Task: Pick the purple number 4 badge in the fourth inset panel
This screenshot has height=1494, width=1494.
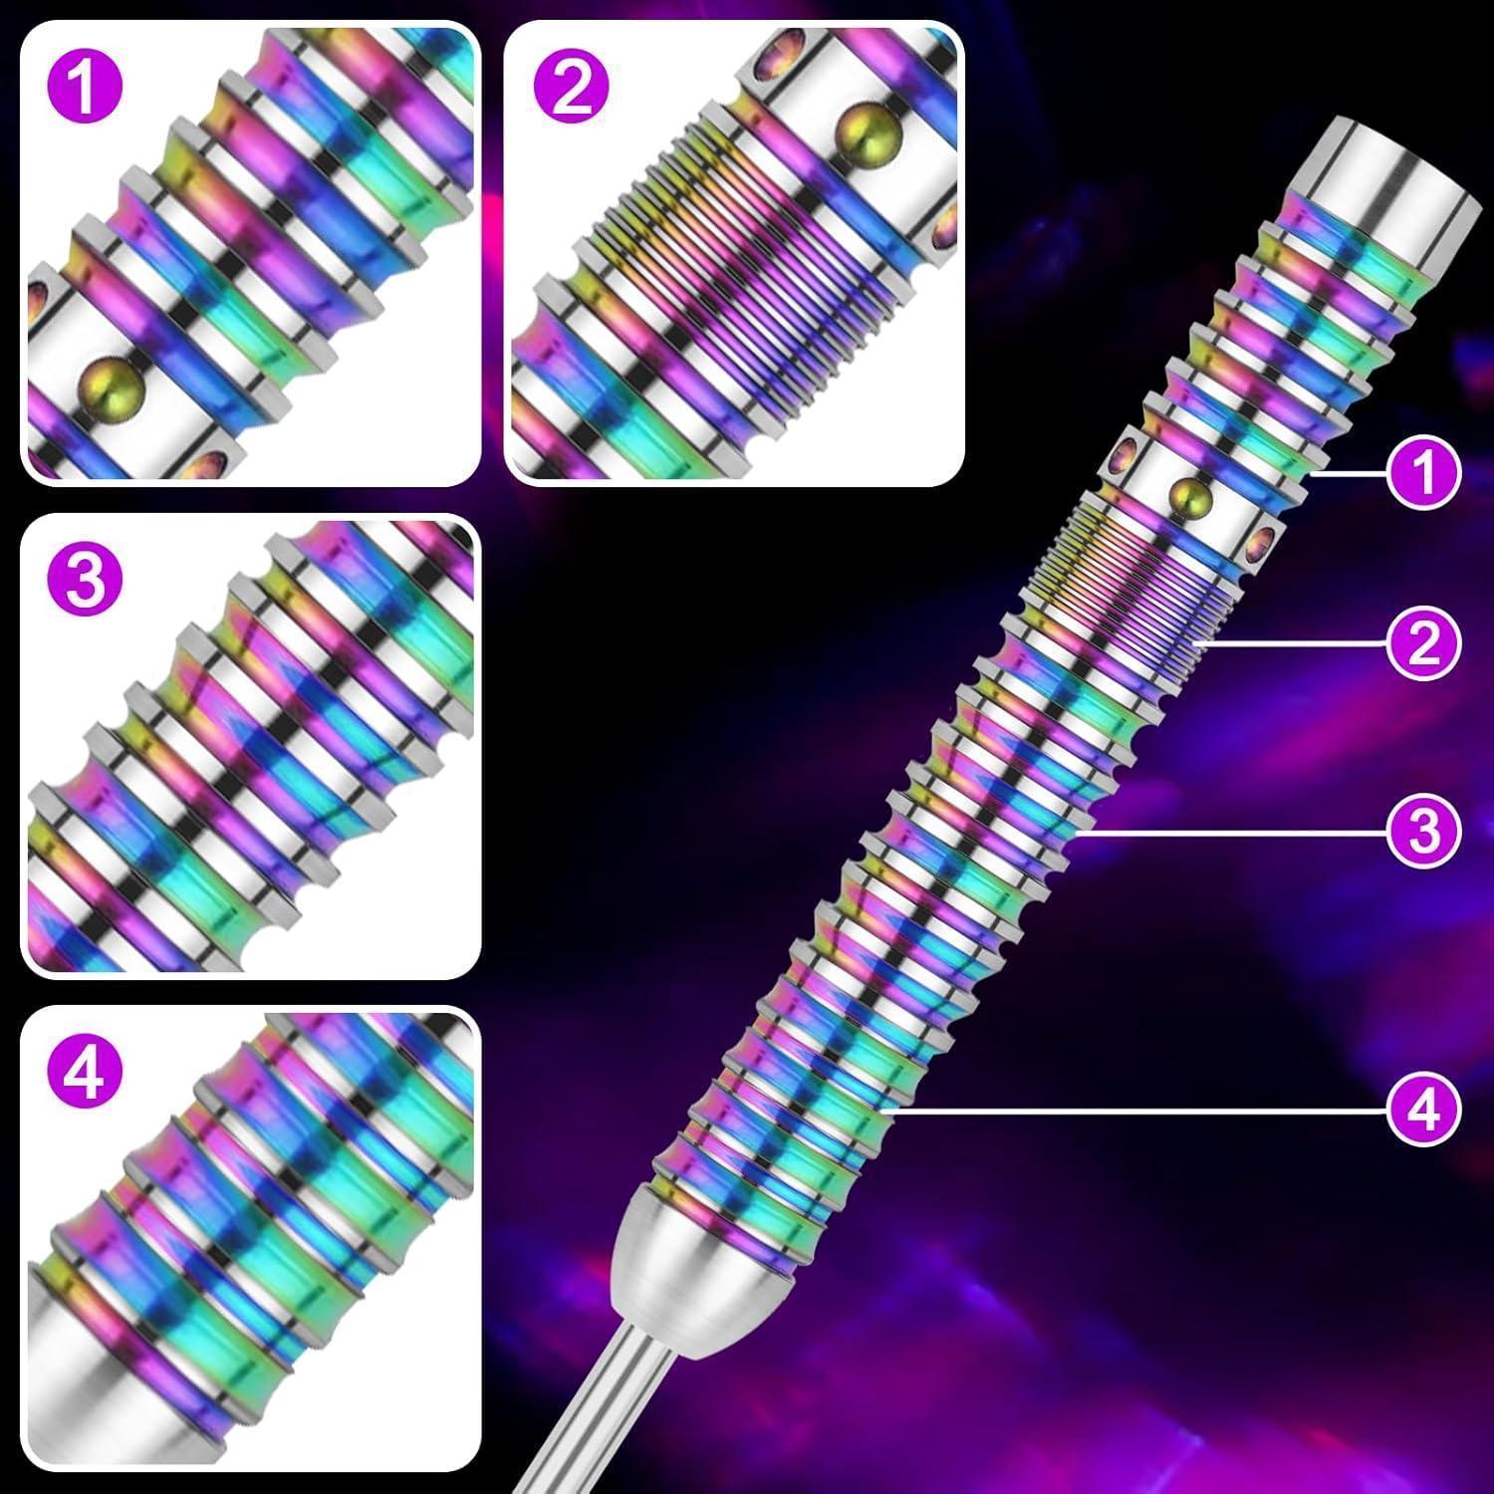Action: (x=85, y=1074)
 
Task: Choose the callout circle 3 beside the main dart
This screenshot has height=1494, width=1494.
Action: (x=1424, y=830)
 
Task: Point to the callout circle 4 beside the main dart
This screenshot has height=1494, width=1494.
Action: (x=1424, y=1108)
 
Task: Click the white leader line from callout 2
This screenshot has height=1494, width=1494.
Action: (x=1295, y=643)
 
